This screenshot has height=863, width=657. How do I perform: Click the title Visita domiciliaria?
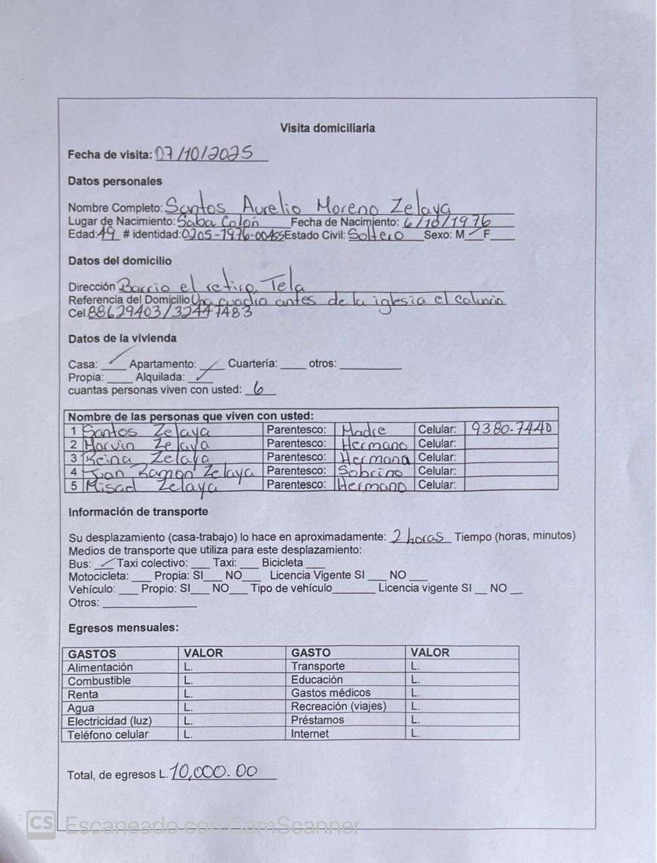(x=327, y=128)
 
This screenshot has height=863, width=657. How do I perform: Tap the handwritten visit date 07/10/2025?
(x=204, y=154)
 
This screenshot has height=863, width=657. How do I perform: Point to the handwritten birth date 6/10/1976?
(x=447, y=221)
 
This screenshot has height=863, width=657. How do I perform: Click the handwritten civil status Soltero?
(x=375, y=235)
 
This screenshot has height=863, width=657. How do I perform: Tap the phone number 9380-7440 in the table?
(x=511, y=428)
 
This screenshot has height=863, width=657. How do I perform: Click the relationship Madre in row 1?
(x=364, y=430)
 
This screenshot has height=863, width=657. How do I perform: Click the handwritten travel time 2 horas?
(x=419, y=537)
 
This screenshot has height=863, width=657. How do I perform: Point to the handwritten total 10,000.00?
(x=214, y=771)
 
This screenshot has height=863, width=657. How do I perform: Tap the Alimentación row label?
(x=100, y=667)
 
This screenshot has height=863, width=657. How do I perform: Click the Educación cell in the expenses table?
(x=317, y=680)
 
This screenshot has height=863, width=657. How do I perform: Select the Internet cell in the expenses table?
(x=310, y=734)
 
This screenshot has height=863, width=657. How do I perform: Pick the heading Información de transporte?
(x=138, y=512)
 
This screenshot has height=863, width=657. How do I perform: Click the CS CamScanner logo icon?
(x=40, y=824)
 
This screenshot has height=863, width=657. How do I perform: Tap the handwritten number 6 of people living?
(x=258, y=390)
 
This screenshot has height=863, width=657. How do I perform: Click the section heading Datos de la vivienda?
(x=122, y=338)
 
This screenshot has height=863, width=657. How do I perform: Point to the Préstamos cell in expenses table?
(x=317, y=720)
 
